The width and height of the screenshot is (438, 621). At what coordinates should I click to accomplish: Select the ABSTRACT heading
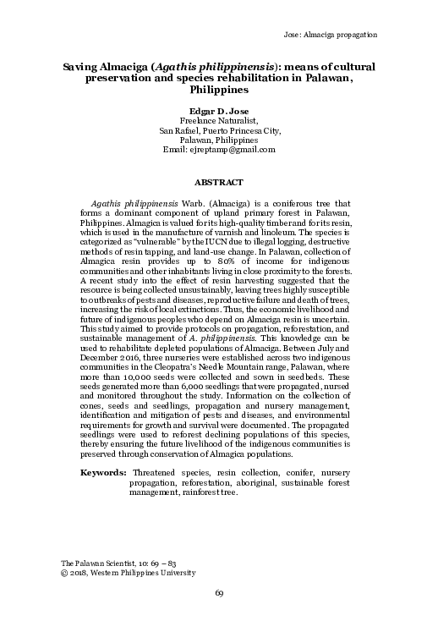coord(219,182)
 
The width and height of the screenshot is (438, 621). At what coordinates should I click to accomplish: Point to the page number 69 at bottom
coord(219,592)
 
